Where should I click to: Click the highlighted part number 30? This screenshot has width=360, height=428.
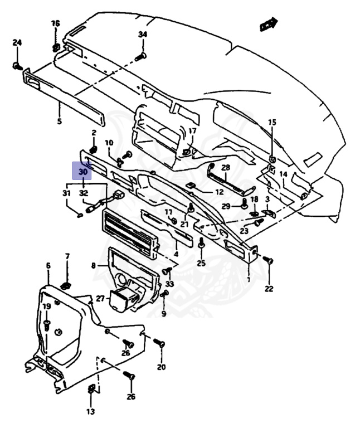coord(82,172)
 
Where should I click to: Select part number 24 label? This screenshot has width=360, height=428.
coord(17,43)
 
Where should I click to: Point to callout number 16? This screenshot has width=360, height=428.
coord(55,23)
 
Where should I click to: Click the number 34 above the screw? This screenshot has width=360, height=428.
coord(143,35)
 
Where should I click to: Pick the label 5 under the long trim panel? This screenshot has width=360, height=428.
coord(60,121)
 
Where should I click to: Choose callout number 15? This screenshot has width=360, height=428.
coord(272,122)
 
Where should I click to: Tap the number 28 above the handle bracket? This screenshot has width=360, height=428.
coord(226,167)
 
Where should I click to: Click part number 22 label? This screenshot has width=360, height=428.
coord(269,289)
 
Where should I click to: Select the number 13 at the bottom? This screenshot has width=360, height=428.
coord(91,412)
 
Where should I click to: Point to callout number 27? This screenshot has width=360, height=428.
coord(100,299)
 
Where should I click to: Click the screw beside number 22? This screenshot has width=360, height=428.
coord(268,261)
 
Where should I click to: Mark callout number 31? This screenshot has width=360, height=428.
coord(66,193)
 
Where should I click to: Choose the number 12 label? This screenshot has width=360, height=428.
coord(219,192)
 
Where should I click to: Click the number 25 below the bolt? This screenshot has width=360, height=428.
coord(201,263)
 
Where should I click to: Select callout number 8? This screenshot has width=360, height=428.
coord(93,266)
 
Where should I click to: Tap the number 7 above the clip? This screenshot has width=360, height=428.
coord(67,256)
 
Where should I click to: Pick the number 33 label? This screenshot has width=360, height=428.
coord(169,284)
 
